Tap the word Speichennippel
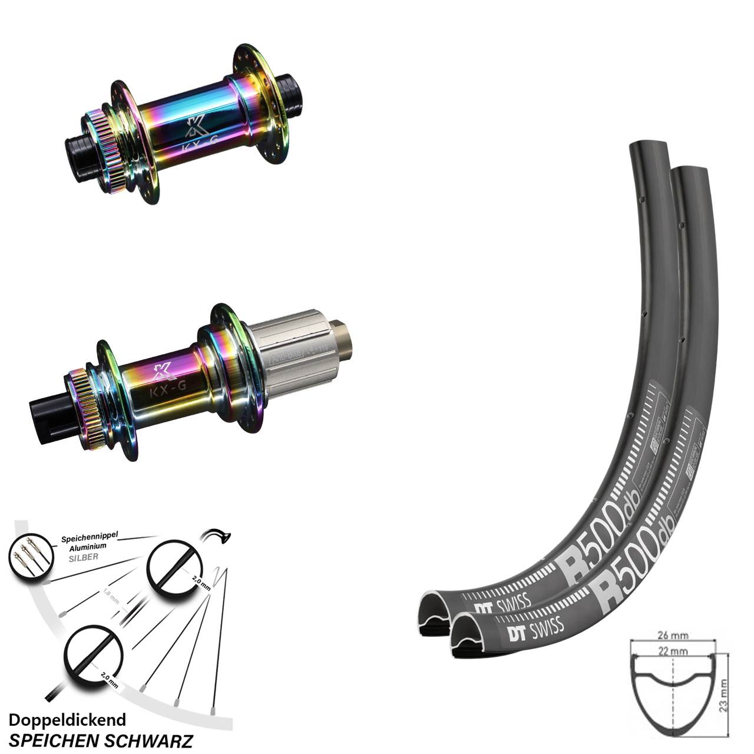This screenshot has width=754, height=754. point(90,537)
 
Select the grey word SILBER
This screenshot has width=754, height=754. point(82,555)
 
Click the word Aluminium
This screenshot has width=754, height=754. point(87,546)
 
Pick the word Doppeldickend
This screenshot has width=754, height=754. point(67,720)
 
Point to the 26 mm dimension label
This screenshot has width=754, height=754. point(673,636)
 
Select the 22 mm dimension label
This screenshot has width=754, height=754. point(673,652)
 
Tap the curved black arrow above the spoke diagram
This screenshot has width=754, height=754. point(216,535)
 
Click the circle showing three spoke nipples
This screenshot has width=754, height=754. point(29,557)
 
